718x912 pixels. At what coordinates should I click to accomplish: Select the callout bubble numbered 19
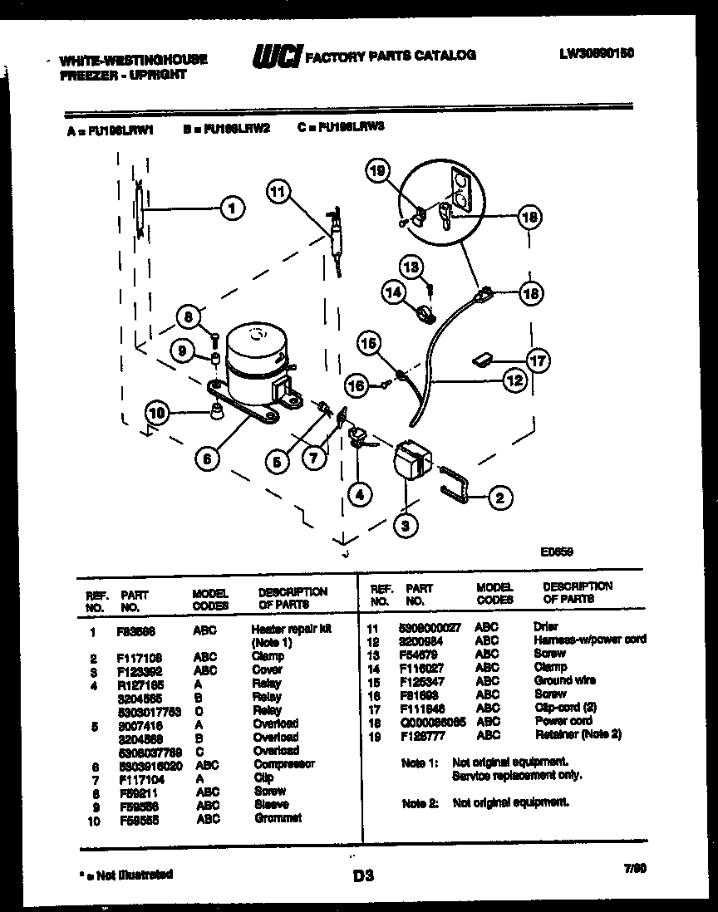coord(377,172)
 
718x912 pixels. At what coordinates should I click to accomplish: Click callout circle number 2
coord(499,498)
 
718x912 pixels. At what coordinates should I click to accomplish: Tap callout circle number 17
coord(538,360)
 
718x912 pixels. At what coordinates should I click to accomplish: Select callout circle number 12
coord(515,380)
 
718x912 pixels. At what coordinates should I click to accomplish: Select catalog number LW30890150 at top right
coord(597,52)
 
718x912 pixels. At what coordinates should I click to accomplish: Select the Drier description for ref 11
coord(546,626)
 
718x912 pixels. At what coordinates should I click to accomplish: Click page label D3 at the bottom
coord(363,875)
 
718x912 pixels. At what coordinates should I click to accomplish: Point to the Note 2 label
coord(419,803)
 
